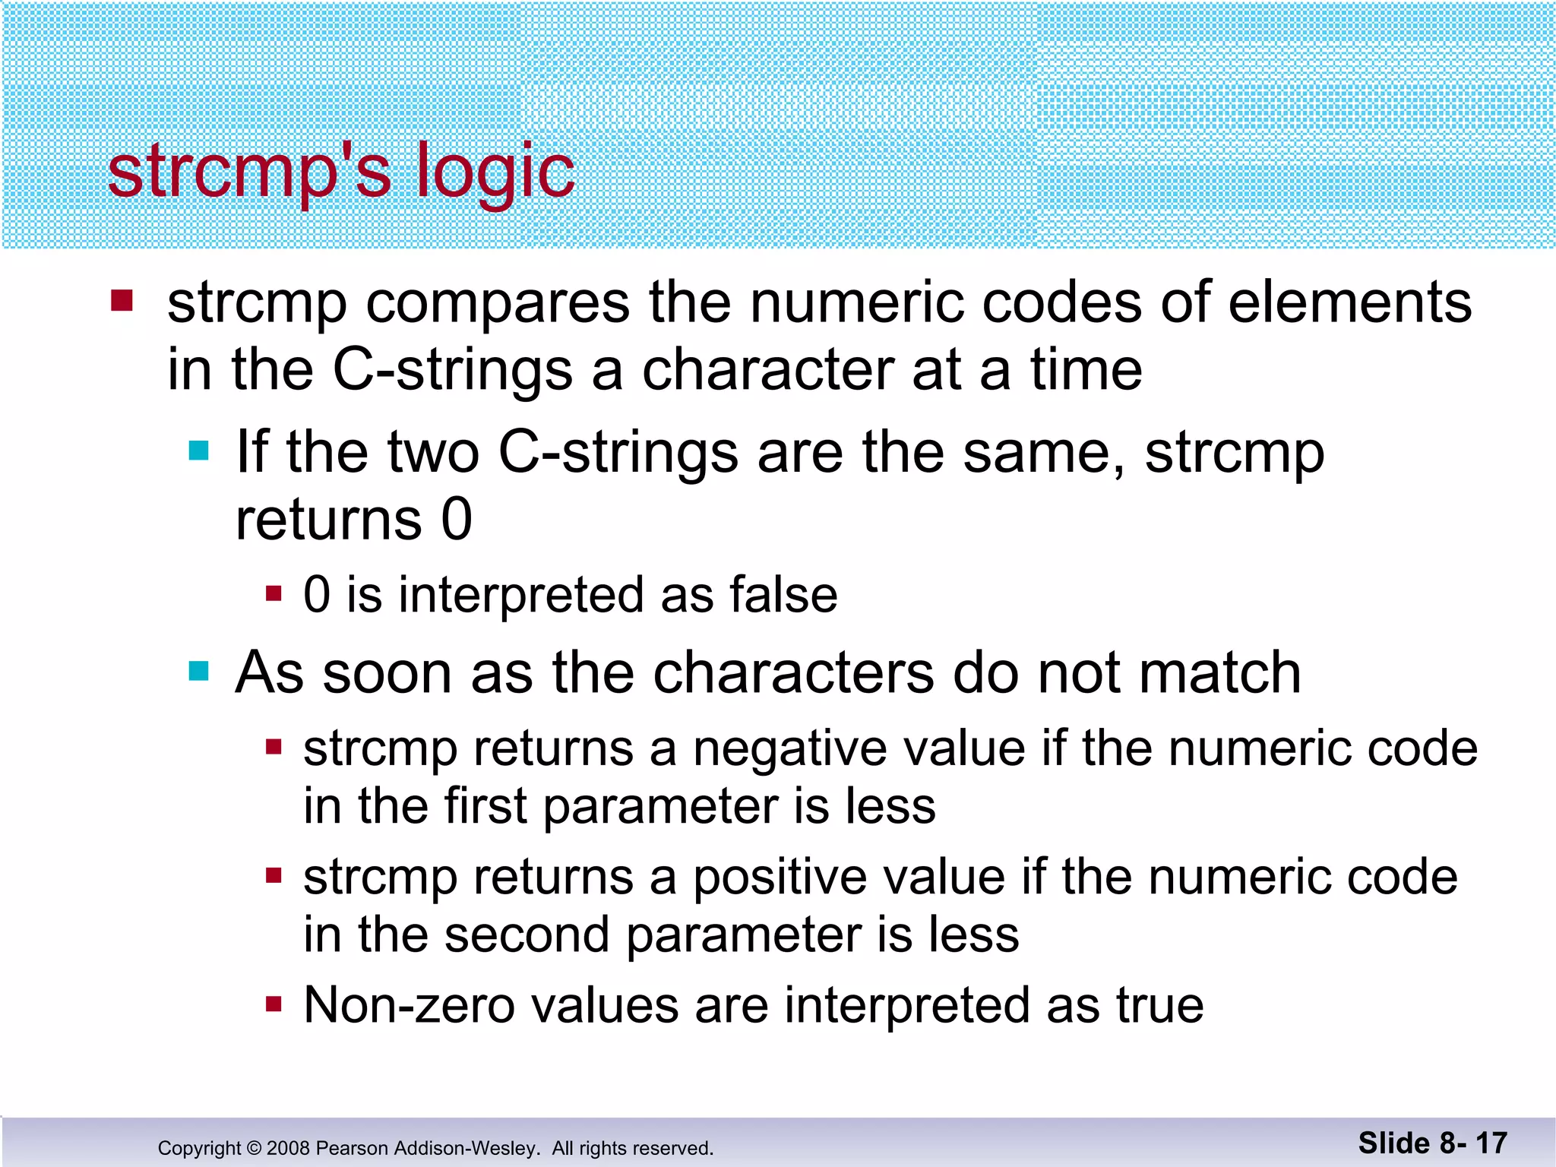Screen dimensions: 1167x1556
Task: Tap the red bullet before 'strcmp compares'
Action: [122, 301]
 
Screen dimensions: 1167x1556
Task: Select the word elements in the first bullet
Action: [1350, 302]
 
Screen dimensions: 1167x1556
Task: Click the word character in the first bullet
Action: [767, 371]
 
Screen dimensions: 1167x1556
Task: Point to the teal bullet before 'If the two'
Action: [198, 451]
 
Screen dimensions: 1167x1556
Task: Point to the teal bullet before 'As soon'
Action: [198, 672]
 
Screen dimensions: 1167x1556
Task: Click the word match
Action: [1208, 673]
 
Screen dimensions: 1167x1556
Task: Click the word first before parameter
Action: [485, 806]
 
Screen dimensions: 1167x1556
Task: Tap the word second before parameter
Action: [527, 935]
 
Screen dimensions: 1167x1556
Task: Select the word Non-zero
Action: [409, 1006]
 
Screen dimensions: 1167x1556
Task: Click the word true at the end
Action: [1159, 1006]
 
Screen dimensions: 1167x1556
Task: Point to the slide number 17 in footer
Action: [1491, 1143]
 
